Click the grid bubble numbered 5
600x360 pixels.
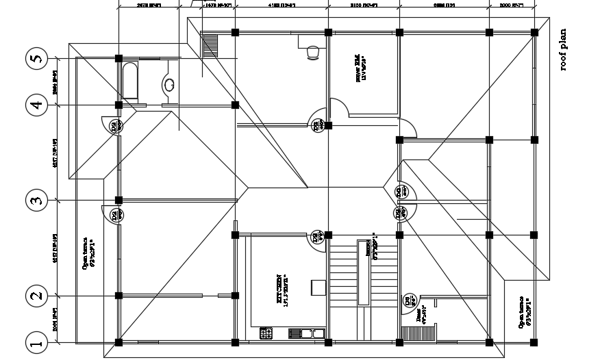36,59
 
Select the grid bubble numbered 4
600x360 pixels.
36,105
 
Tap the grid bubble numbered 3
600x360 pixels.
36,201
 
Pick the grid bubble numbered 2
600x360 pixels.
36,296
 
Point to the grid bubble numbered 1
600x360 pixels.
36,342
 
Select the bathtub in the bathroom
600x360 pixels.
130,81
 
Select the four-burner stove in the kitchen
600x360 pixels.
266,334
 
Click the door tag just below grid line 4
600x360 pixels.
116,125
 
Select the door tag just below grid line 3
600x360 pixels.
116,214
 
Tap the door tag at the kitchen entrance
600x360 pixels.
317,238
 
